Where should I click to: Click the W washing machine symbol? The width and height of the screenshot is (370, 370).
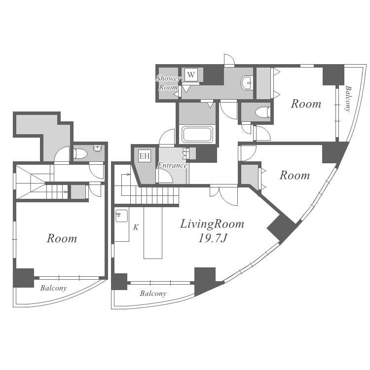pyautogui.click(x=191, y=75)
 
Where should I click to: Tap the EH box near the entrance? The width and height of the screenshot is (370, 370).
pyautogui.click(x=145, y=156)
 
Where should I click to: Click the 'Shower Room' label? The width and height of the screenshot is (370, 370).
pyautogui.click(x=168, y=82)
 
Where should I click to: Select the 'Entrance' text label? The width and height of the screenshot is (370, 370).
pyautogui.click(x=172, y=165)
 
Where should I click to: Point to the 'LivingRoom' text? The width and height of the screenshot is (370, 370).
pyautogui.click(x=212, y=224)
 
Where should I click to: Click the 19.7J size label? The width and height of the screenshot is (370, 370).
pyautogui.click(x=213, y=238)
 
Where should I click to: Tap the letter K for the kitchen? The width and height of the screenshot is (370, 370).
pyautogui.click(x=136, y=227)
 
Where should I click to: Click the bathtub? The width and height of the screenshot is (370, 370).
pyautogui.click(x=197, y=135)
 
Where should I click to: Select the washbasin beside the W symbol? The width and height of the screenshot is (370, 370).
pyautogui.click(x=247, y=83)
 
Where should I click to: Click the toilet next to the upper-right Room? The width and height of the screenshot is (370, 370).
pyautogui.click(x=263, y=112)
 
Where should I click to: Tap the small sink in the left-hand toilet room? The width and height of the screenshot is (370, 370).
pyautogui.click(x=98, y=148)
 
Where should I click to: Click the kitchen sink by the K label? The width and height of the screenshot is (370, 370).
pyautogui.click(x=121, y=216)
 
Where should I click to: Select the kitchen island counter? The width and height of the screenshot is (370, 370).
pyautogui.click(x=153, y=233)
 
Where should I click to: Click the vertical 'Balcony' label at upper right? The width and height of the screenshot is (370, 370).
pyautogui.click(x=348, y=99)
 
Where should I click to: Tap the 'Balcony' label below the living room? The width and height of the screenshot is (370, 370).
pyautogui.click(x=153, y=294)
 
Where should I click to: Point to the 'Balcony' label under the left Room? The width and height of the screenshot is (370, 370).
pyautogui.click(x=54, y=288)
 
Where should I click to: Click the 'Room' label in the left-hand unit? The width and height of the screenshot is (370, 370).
pyautogui.click(x=62, y=239)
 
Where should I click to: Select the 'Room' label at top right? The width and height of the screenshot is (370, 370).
pyautogui.click(x=306, y=104)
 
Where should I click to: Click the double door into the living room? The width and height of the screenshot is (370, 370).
pyautogui.click(x=223, y=196)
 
